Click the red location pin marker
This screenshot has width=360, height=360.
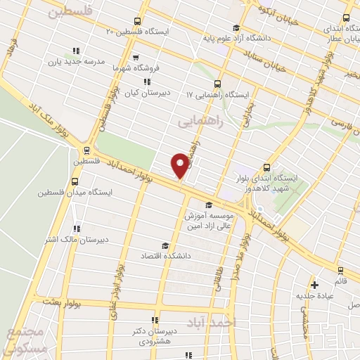[x=180, y=166]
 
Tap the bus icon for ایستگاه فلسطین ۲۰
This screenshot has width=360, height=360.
[x=136, y=20]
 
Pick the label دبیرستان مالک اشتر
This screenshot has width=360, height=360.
[x=75, y=239]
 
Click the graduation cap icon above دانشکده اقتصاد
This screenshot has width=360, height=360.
[x=165, y=245]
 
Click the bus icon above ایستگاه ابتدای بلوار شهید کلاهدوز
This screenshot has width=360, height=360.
[x=266, y=167]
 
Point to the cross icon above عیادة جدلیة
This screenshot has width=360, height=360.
[x=315, y=285]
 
